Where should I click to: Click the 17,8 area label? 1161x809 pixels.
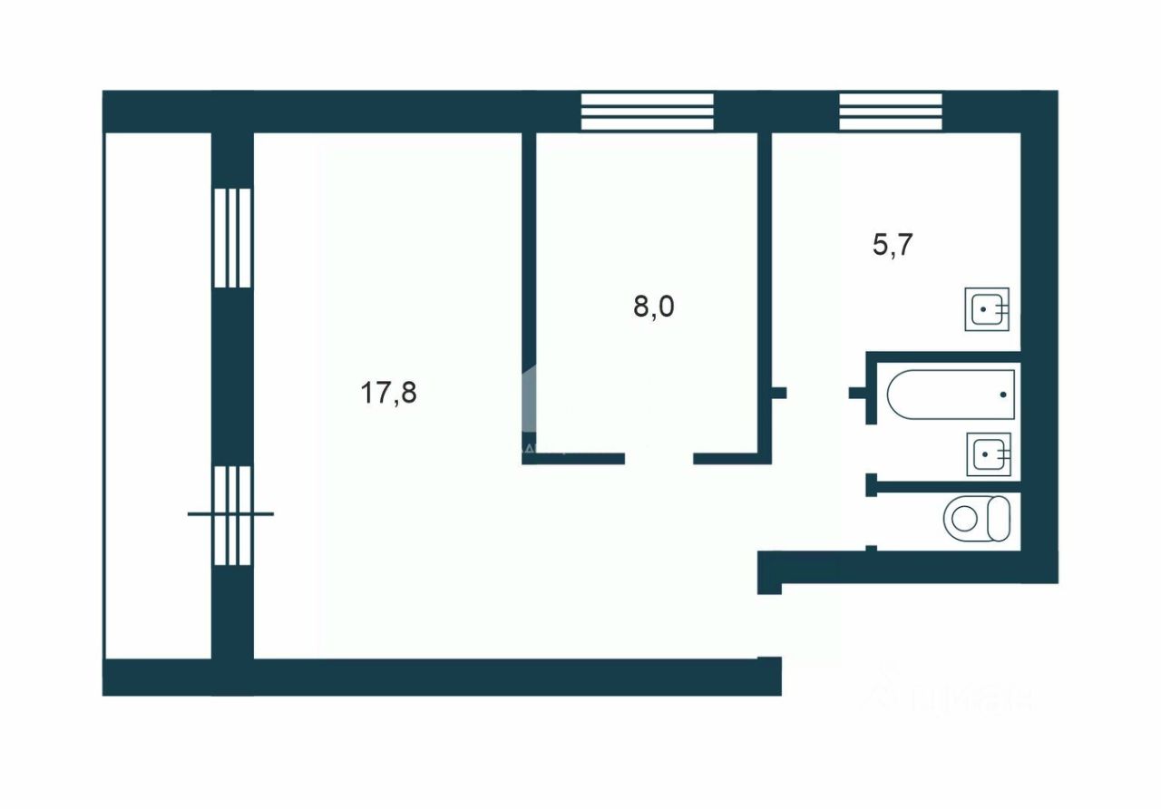[x=389, y=394]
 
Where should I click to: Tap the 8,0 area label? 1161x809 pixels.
[x=654, y=307]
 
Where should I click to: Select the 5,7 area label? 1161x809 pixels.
[x=892, y=245]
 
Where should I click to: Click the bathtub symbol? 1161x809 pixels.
[x=951, y=394]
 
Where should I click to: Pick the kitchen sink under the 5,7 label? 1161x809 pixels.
[x=987, y=309]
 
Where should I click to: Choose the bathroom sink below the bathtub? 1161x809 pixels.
[x=988, y=454]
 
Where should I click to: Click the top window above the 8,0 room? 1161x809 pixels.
[x=647, y=112]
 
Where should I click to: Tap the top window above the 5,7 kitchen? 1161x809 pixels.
[x=891, y=112]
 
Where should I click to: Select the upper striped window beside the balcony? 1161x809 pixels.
[x=232, y=238]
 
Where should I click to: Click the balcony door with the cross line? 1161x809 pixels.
[x=231, y=514]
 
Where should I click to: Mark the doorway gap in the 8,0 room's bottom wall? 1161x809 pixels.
[x=659, y=459]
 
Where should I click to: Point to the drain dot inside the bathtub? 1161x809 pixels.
[x=1002, y=395]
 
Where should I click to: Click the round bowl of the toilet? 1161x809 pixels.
[x=962, y=519]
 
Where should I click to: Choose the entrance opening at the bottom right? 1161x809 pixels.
[x=770, y=625]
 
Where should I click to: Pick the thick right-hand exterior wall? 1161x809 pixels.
[x=1039, y=336]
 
